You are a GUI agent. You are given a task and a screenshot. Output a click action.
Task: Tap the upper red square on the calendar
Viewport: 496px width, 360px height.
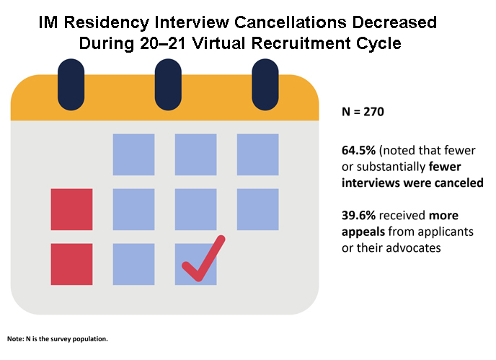pos(71,209)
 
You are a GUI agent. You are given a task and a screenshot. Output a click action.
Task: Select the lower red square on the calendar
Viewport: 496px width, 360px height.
pos(71,264)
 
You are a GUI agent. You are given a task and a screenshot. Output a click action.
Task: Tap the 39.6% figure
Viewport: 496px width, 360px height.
pos(358,216)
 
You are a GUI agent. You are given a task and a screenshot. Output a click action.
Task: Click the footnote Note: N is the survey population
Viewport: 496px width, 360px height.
pos(58,338)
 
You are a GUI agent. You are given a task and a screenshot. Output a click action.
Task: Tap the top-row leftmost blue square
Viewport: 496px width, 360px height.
pos(133,154)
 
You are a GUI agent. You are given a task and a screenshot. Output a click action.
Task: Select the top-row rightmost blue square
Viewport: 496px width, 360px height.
pos(257,154)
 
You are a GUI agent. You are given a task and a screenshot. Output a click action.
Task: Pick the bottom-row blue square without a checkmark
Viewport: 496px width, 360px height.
pos(133,264)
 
